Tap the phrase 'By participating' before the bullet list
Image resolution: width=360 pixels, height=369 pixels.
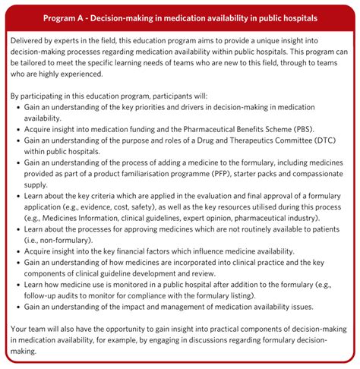43,98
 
